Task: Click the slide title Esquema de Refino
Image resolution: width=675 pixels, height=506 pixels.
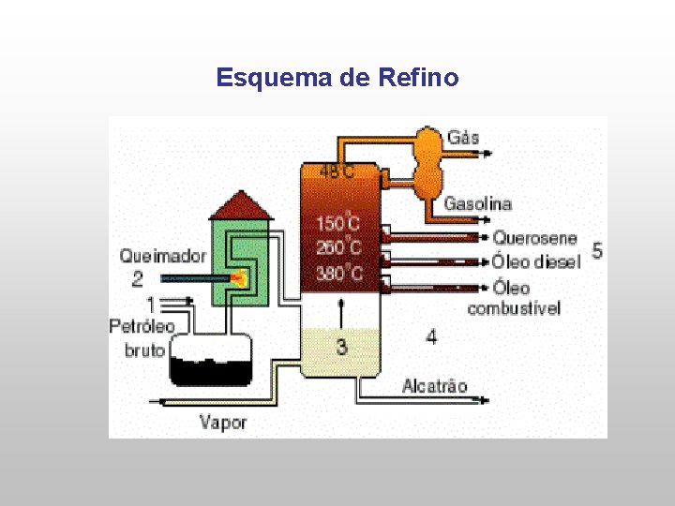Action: click(337, 77)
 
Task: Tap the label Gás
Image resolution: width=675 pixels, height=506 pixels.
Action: click(463, 138)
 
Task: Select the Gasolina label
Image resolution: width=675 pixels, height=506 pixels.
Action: click(478, 203)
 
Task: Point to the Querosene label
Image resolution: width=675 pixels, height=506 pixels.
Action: click(535, 238)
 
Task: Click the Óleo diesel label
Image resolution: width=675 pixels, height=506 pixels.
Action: click(536, 261)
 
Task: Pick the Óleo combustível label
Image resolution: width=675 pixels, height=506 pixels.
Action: click(513, 298)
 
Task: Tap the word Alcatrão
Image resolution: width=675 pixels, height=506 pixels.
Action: click(434, 385)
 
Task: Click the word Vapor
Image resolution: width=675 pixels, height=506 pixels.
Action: click(223, 422)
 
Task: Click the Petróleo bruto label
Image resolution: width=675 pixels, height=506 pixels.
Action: click(142, 338)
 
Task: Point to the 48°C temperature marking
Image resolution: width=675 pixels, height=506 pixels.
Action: click(337, 171)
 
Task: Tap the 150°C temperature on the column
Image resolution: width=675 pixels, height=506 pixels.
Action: click(337, 224)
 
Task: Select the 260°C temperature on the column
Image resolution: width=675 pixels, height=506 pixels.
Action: click(337, 248)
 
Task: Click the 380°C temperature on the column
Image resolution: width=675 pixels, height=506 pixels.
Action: click(337, 274)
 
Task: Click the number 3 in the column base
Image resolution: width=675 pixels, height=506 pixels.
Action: click(341, 347)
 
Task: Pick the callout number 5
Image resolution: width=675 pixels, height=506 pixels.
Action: click(597, 251)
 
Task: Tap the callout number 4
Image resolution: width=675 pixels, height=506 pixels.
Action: click(430, 336)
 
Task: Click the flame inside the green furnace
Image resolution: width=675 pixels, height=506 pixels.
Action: click(240, 277)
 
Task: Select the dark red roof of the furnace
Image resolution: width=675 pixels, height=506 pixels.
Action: click(241, 205)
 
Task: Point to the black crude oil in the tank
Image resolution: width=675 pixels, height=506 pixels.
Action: click(212, 371)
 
